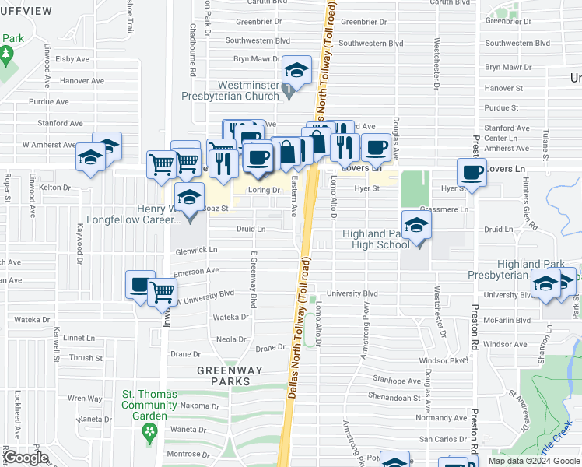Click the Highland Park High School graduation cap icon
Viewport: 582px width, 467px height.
pos(417,226)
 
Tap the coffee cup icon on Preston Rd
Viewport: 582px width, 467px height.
pos(472,172)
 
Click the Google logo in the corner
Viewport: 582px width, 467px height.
pos(26,458)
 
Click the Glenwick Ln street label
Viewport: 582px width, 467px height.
pos(196,250)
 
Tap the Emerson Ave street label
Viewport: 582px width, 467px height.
pos(196,271)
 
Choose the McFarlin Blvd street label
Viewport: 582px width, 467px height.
pos(506,320)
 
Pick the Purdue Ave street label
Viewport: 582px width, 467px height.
pos(47,101)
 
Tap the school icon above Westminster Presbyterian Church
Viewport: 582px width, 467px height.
pos(296,71)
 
